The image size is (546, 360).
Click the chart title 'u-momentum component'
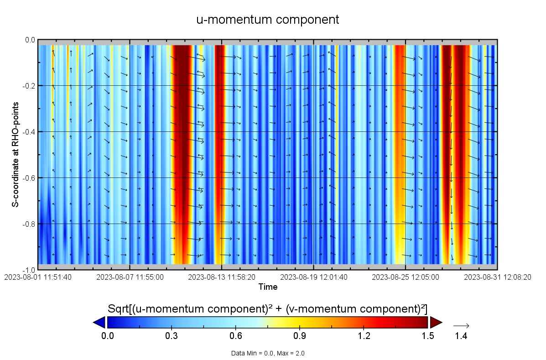(x=268, y=20)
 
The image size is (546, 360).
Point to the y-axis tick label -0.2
(x=28, y=86)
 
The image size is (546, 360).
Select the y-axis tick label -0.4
(x=28, y=132)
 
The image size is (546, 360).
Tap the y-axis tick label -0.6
(x=28, y=177)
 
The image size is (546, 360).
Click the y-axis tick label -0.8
(x=28, y=224)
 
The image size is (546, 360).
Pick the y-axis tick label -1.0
(x=28, y=270)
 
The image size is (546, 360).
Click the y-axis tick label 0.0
(x=29, y=40)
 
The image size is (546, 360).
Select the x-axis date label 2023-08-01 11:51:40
(x=38, y=277)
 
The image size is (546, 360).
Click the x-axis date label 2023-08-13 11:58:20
(x=222, y=277)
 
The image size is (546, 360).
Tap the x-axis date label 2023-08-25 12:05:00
(x=406, y=277)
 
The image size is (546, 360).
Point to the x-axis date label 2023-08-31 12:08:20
(x=498, y=277)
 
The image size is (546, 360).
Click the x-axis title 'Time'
(x=268, y=287)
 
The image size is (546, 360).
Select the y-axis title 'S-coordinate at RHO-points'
(x=15, y=155)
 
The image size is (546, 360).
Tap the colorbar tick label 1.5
(x=427, y=336)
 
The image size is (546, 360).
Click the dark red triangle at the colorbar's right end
(x=436, y=323)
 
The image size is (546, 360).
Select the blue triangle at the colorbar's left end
(x=99, y=323)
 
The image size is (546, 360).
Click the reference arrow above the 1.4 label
(x=461, y=326)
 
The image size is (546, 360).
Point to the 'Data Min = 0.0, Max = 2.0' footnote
(x=268, y=353)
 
